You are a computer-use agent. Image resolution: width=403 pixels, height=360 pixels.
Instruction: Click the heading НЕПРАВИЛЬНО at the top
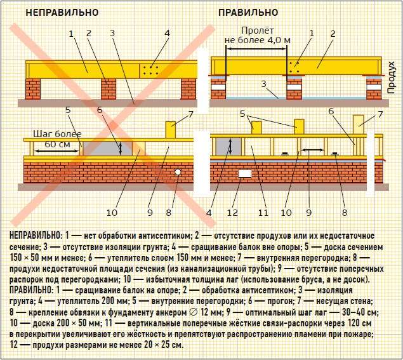coord(62,12)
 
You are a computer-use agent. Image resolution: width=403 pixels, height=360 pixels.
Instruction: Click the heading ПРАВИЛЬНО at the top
coord(248,12)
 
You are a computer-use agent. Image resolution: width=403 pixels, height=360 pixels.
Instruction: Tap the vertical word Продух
coord(391,77)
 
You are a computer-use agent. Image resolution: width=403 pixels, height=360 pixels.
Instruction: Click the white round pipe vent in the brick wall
coord(178,172)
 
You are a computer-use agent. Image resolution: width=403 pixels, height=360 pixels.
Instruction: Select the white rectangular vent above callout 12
coord(245,174)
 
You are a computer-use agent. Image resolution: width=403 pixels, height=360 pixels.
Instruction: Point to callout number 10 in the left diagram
coord(112,213)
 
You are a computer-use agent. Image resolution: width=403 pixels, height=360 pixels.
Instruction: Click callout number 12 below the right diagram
coord(232,213)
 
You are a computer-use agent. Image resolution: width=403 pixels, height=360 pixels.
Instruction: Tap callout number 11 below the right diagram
coord(263,213)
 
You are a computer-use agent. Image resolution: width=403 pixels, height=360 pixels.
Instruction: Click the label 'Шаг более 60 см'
coord(57,139)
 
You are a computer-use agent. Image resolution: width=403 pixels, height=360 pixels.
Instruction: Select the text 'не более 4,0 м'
coord(258,41)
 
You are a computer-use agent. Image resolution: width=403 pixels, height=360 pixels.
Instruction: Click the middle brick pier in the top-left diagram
coord(109,89)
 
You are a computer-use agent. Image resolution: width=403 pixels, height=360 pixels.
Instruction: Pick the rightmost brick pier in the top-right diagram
coord(374,88)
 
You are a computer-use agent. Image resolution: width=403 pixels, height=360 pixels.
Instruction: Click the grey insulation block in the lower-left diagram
coord(108,149)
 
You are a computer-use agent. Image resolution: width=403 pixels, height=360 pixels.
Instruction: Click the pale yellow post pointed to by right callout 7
coord(359,124)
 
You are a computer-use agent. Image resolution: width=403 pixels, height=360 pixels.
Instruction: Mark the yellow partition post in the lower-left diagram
coord(170,130)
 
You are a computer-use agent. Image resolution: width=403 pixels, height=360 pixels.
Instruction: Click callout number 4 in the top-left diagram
coord(168,33)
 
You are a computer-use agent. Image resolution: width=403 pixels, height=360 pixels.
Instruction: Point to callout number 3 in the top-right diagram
coord(264,84)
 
